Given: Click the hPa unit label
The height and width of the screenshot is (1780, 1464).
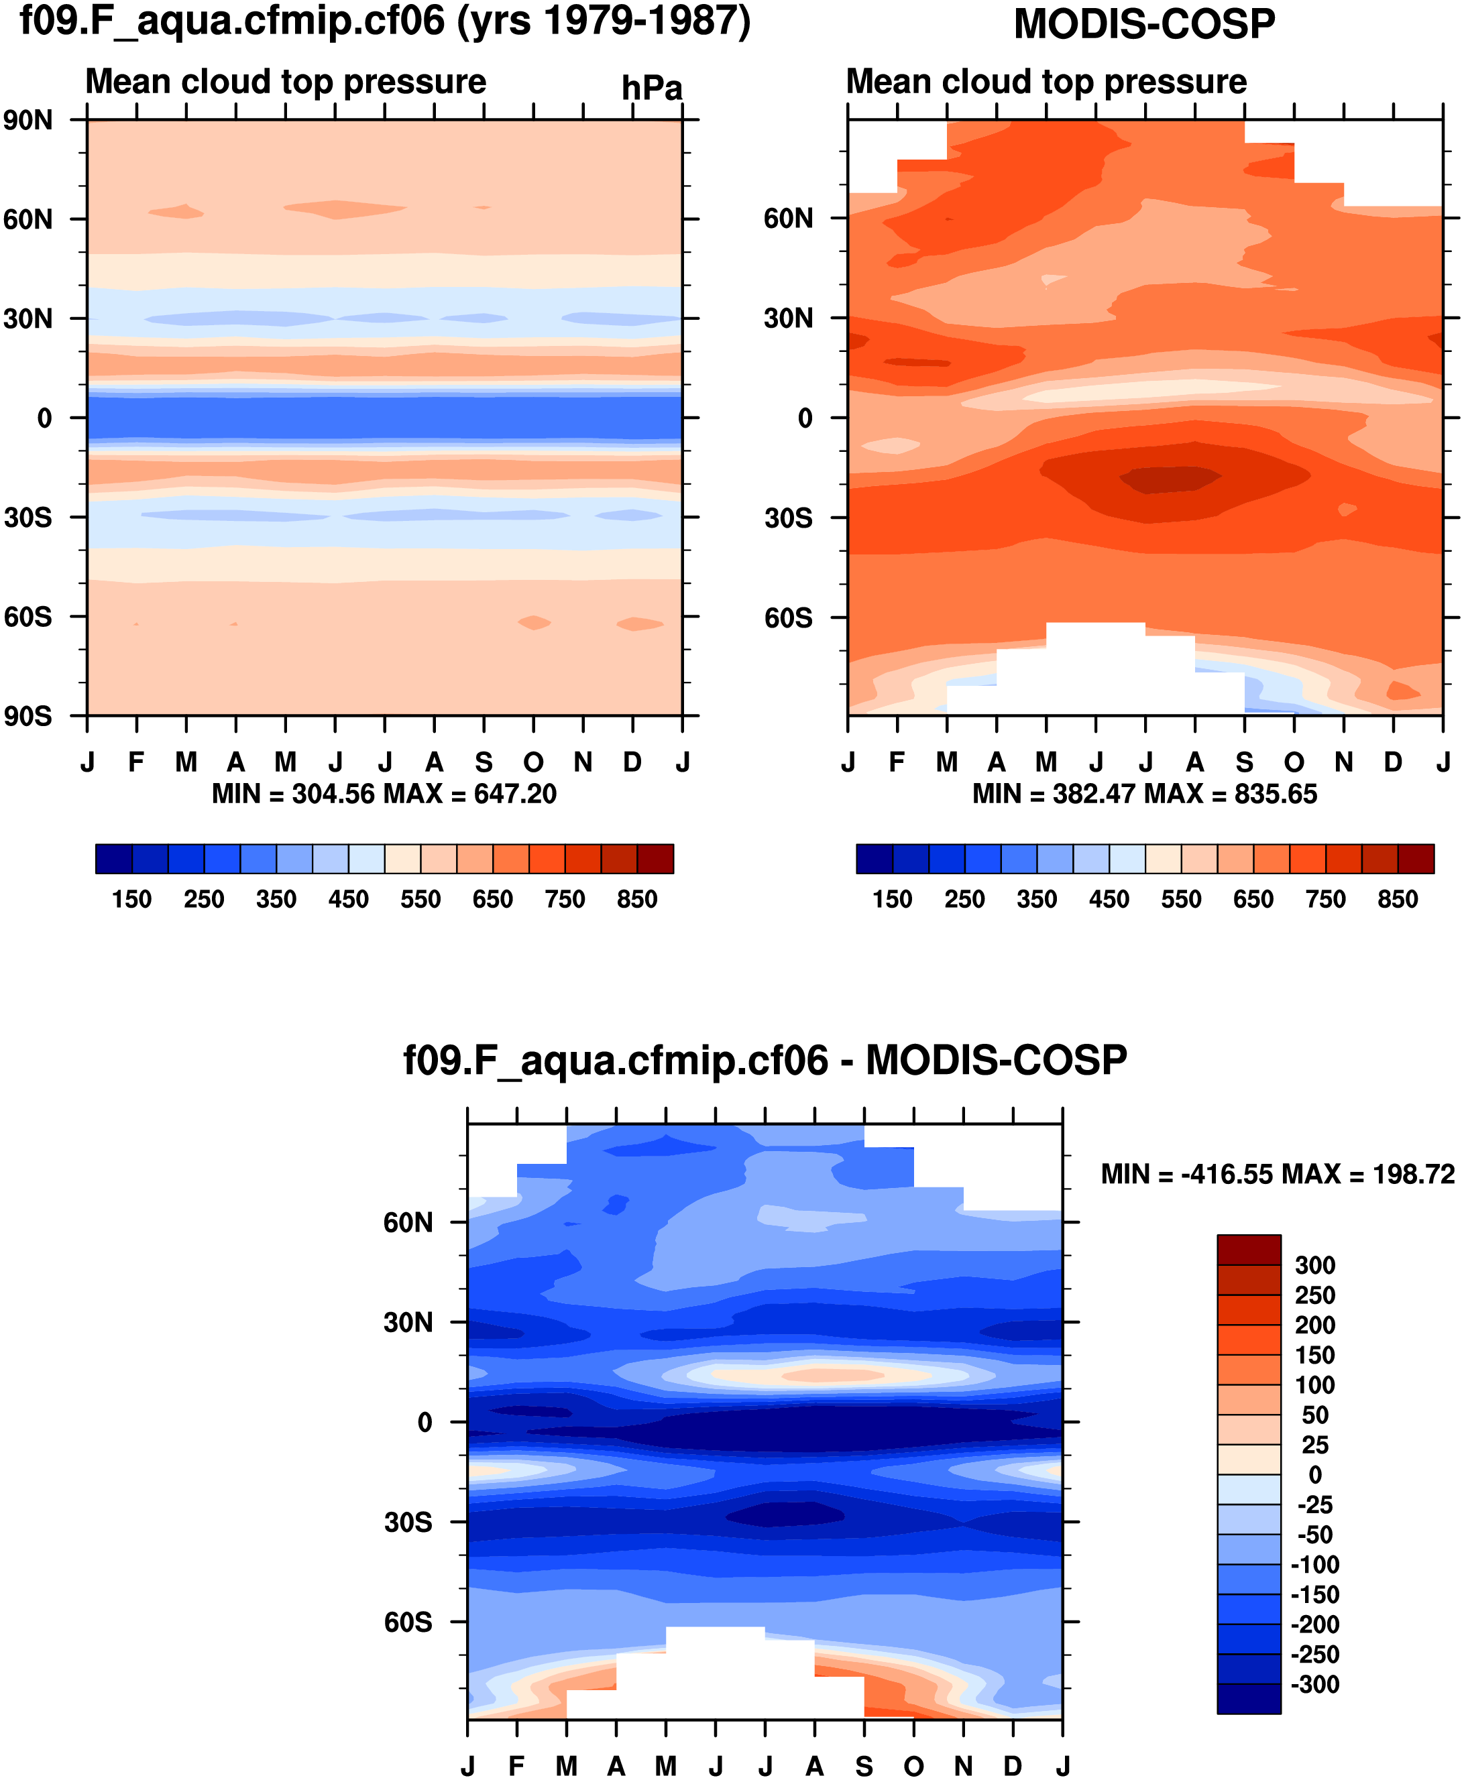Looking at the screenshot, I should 651,88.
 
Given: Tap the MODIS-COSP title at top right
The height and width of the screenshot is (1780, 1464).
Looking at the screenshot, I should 1143,24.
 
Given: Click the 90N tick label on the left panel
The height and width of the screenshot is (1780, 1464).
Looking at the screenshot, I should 27,121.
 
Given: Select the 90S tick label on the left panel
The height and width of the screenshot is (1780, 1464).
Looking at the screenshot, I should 27,717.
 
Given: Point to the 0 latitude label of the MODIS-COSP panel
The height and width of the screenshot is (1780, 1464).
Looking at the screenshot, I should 805,418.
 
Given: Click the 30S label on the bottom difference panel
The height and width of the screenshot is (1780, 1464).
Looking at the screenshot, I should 408,1523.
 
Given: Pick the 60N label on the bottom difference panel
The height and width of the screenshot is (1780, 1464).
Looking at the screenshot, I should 408,1223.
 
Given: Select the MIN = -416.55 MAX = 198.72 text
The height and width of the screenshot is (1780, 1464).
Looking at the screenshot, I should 1278,1175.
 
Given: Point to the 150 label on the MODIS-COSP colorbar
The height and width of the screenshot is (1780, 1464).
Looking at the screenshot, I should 892,900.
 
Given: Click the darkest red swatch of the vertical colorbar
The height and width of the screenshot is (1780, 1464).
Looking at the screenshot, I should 1248,1250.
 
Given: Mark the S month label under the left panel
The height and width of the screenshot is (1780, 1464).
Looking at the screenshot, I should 484,763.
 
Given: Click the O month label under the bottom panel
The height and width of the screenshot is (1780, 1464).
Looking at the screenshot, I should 913,1767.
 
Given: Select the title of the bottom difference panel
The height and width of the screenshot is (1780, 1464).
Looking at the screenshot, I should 765,1061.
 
